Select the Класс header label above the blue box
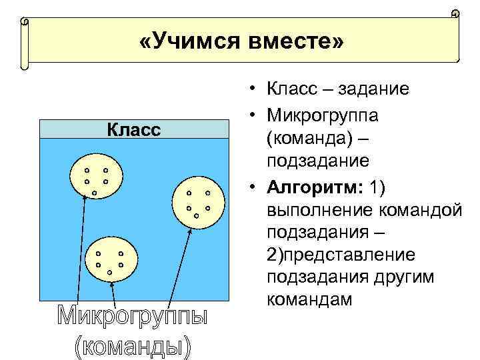134,129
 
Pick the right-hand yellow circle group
198,203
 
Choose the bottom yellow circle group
110,259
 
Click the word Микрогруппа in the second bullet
323,115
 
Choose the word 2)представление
341,255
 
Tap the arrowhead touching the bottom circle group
112,285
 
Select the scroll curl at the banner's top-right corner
454,14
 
